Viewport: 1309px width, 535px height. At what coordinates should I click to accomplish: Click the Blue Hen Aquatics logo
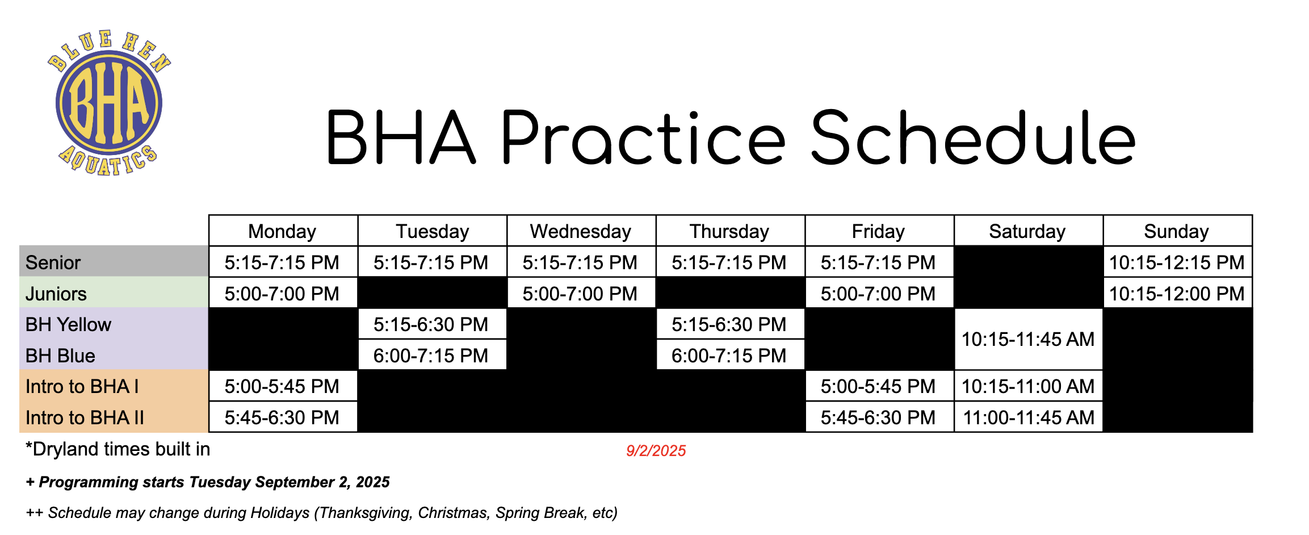[109, 103]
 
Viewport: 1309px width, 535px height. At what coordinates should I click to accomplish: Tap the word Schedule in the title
[974, 138]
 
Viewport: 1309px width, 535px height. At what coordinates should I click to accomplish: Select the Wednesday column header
[581, 231]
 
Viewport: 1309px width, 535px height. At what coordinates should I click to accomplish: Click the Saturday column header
[1027, 231]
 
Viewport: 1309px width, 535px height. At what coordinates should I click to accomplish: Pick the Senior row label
[53, 262]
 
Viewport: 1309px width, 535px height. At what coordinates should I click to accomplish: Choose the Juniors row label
[56, 294]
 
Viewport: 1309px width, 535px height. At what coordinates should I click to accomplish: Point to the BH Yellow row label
[68, 324]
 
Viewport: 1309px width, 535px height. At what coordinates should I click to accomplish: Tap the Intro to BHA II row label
[85, 417]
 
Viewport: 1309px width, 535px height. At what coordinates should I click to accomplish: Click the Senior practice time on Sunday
[1177, 262]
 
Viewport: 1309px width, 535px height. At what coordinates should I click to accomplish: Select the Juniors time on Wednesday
[580, 294]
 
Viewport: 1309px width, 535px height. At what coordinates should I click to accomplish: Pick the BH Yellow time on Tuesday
[431, 324]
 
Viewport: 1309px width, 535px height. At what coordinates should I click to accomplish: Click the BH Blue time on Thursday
[729, 356]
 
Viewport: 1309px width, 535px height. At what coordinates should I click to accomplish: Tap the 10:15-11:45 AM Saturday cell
[1028, 339]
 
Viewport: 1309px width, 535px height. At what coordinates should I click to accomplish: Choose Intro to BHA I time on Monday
[282, 386]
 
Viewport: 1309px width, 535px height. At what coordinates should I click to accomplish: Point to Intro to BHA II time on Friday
[878, 417]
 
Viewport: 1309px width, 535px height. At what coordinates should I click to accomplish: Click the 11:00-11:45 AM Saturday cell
[1029, 417]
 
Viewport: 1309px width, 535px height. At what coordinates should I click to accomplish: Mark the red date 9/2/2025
[656, 451]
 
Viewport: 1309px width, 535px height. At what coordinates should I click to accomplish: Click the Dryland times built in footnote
[118, 449]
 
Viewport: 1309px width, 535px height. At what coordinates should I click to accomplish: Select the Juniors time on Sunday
[1177, 294]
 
